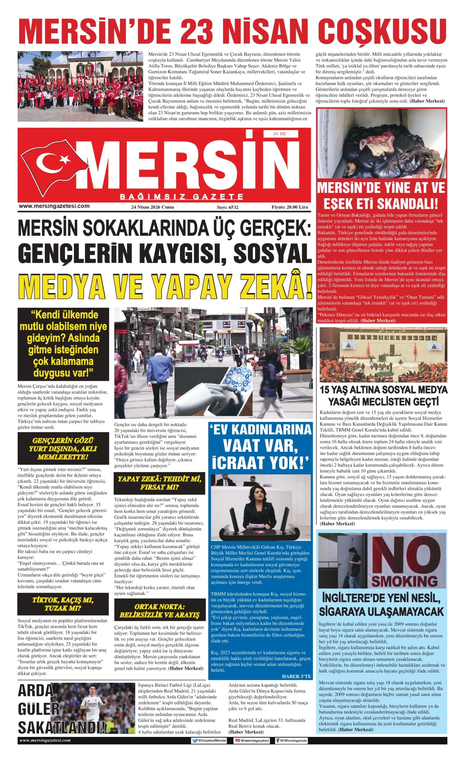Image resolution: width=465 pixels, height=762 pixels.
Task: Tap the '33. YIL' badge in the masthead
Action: (280, 134)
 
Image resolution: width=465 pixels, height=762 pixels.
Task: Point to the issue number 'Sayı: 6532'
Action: (227, 207)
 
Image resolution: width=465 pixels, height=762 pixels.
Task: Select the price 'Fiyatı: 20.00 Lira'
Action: (289, 207)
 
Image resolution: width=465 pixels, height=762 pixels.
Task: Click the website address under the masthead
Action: (54, 206)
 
